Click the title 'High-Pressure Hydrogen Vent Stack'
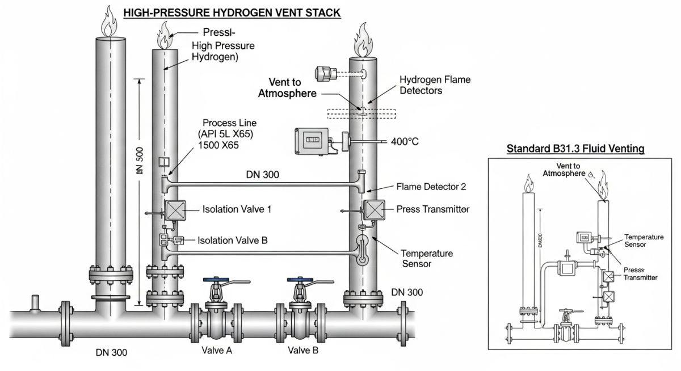[x=232, y=12]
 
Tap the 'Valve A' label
[x=217, y=350]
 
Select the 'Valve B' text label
[x=303, y=350]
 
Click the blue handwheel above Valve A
[x=216, y=280]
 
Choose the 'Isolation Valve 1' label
[x=237, y=209]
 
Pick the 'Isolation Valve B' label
[x=233, y=240]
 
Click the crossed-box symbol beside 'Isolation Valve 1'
[x=173, y=210]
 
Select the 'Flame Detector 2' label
[x=431, y=187]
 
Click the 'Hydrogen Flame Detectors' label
[x=435, y=85]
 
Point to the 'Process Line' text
[x=229, y=123]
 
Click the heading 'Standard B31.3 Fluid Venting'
[x=575, y=149]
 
